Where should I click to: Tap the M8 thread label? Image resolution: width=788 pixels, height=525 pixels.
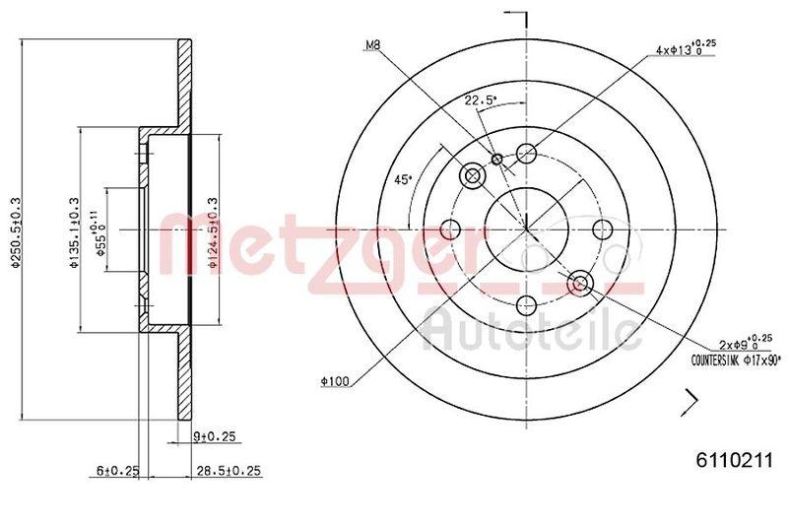(x=372, y=45)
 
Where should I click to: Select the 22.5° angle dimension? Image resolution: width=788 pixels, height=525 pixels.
(x=480, y=100)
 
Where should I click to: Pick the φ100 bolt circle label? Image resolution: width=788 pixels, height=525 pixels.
(x=336, y=380)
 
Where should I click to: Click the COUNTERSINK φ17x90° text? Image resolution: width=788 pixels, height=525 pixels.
(x=736, y=361)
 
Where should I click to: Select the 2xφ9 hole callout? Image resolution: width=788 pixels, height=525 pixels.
(x=744, y=344)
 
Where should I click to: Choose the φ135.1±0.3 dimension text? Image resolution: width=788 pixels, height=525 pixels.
(x=73, y=230)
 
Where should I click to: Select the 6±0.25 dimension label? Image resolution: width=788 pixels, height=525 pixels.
(x=115, y=472)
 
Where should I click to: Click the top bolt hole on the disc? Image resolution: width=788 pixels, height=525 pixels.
(x=526, y=153)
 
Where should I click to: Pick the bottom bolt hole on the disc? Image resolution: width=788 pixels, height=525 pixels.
(x=527, y=305)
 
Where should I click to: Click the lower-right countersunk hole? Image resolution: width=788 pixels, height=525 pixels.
(x=580, y=284)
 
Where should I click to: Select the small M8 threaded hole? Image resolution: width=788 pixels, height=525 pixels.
(x=497, y=160)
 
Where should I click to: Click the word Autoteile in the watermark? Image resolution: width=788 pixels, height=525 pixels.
(x=531, y=329)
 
